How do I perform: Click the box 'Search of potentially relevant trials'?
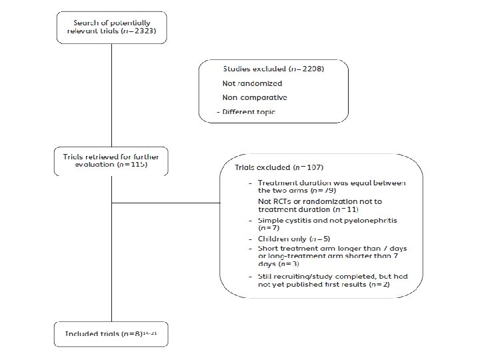tap(111, 28)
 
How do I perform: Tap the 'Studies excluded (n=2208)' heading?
tap(273, 69)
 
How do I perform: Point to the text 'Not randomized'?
tap(252, 83)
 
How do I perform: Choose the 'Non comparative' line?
tap(255, 97)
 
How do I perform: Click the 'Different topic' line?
tap(249, 111)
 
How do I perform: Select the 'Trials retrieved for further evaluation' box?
tap(111, 160)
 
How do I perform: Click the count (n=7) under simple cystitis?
tap(267, 228)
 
